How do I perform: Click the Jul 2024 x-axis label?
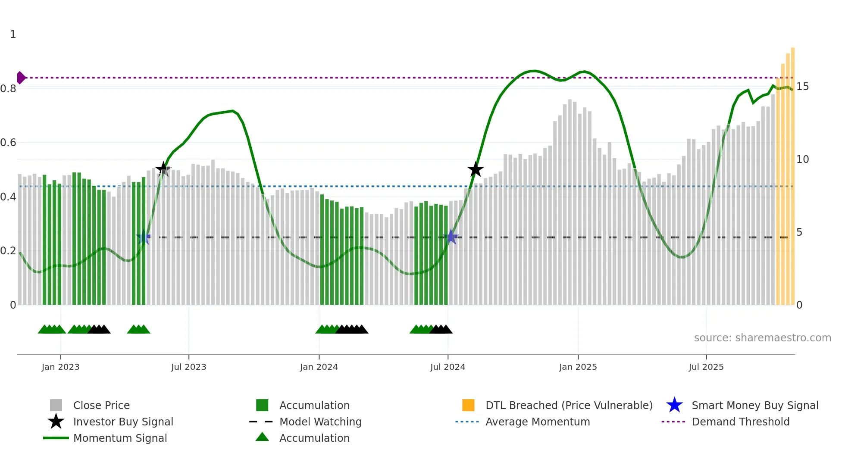[448, 367]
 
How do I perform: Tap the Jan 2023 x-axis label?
[60, 367]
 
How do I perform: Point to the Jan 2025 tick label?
[578, 367]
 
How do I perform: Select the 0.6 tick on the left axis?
[8, 143]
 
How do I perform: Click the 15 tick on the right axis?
[802, 87]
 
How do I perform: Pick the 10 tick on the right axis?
[802, 159]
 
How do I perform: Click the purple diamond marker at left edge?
[21, 78]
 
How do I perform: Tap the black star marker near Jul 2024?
[476, 169]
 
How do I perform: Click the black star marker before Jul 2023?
[163, 169]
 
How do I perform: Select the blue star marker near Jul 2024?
[451, 237]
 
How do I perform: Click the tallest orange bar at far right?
[792, 172]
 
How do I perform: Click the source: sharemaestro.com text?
[762, 338]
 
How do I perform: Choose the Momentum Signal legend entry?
[120, 438]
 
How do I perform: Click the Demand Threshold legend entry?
[740, 422]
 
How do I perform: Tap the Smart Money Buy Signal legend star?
[674, 405]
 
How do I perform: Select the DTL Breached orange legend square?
[468, 405]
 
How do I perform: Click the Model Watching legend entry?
[320, 422]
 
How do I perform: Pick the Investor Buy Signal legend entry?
[123, 422]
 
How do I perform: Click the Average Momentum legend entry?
[537, 422]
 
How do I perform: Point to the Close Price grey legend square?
[56, 405]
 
